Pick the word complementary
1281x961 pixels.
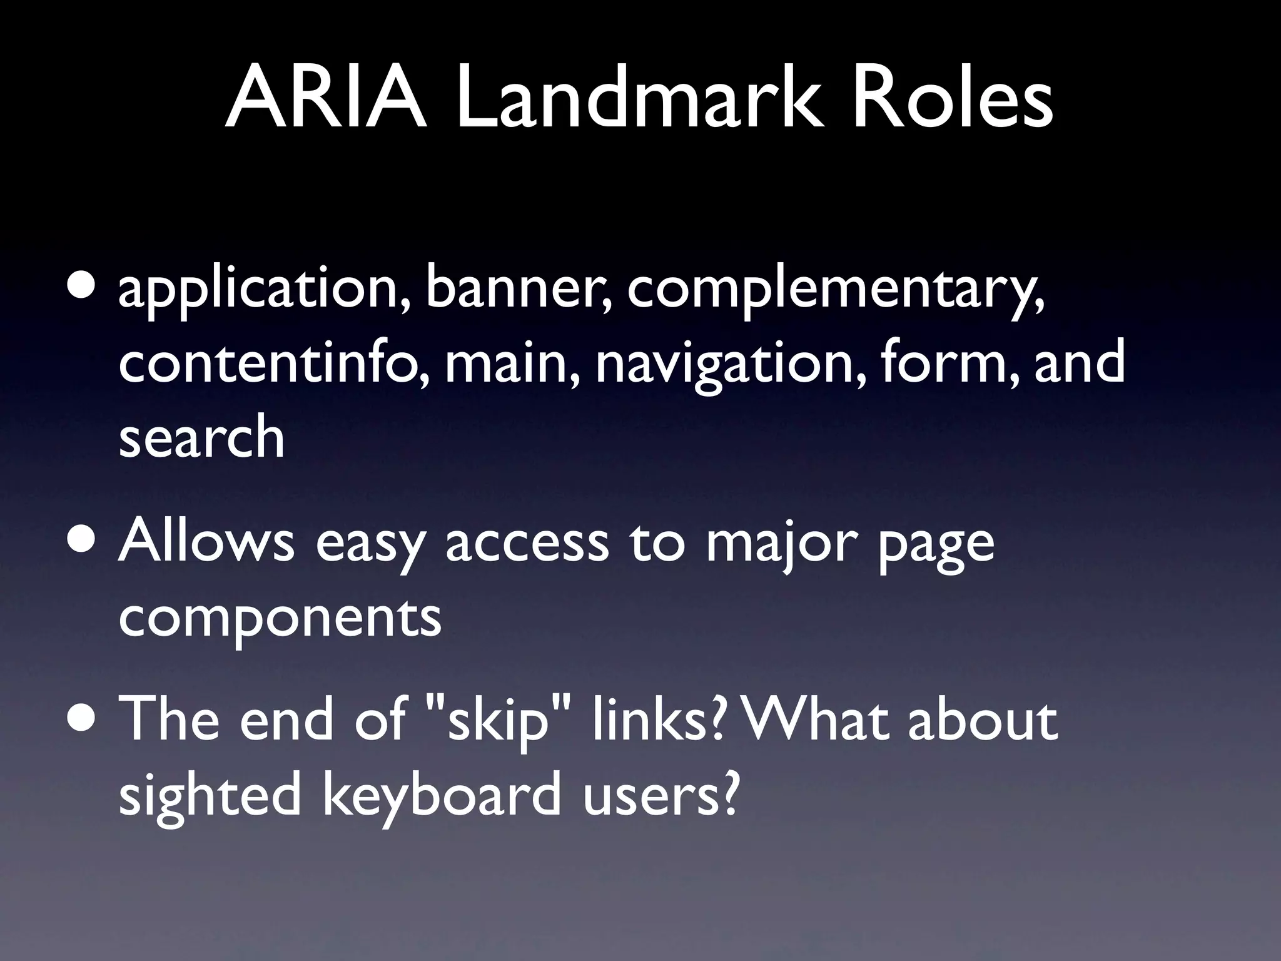tap(836, 291)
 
